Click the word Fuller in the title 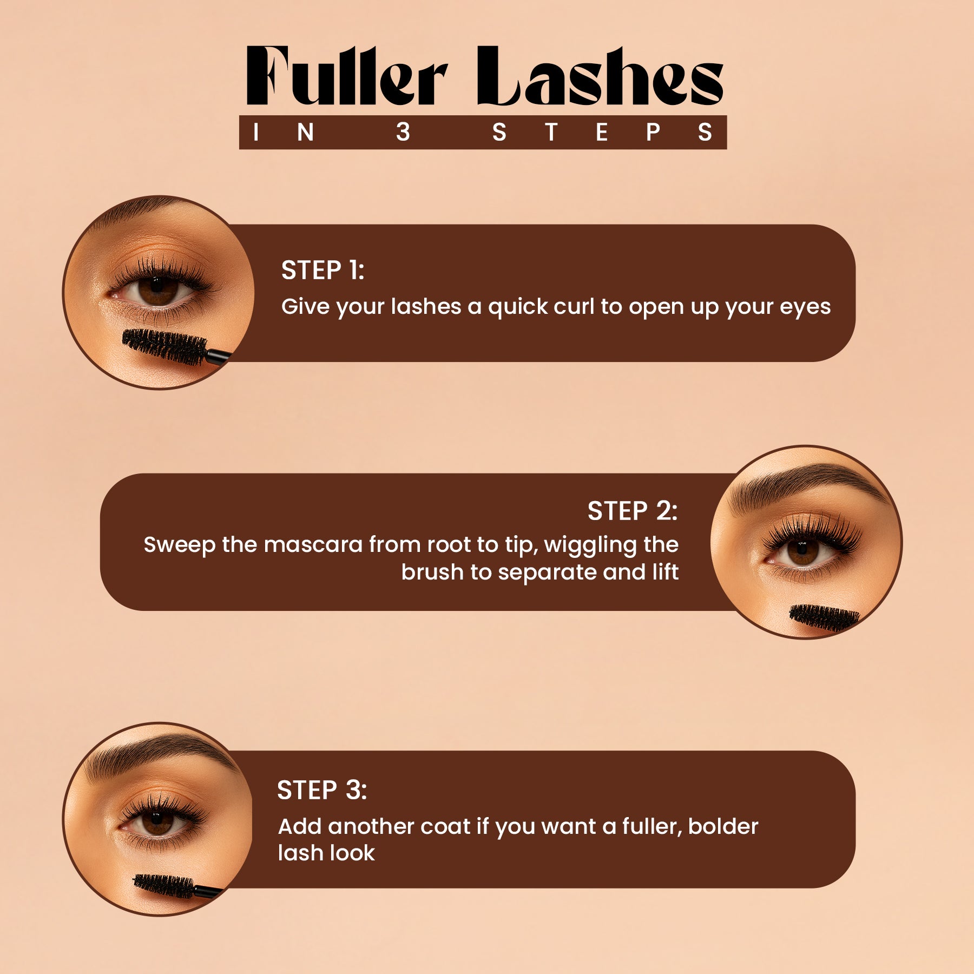coord(347,76)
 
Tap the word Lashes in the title coord(600,76)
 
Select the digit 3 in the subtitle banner coord(403,132)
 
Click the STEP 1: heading coord(323,270)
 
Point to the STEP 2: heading coord(633,511)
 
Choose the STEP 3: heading coord(322,790)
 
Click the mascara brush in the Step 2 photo coord(824,618)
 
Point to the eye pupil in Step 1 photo coord(157,289)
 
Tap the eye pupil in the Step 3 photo coord(157,821)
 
